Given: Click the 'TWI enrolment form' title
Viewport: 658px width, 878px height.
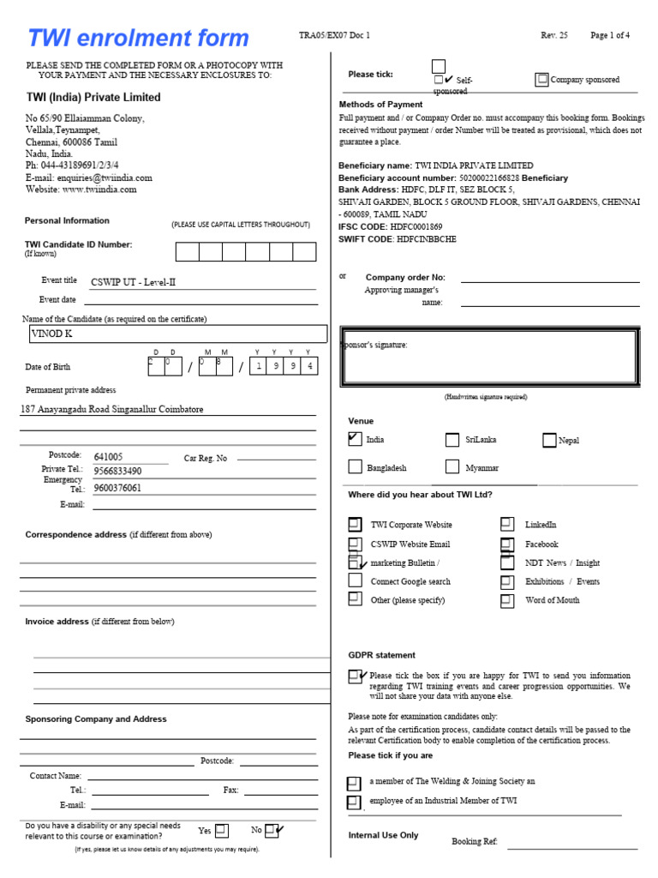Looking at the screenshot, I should pyautogui.click(x=138, y=39).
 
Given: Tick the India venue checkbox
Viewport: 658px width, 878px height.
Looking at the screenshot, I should pyautogui.click(x=355, y=439).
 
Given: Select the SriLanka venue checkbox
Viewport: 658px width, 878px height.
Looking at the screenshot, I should pyautogui.click(x=452, y=440).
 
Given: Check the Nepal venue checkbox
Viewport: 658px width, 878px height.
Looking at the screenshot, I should pyautogui.click(x=549, y=440).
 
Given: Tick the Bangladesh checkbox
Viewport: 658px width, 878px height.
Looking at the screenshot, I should pyautogui.click(x=355, y=467).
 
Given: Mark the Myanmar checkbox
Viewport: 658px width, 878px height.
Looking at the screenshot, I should pyautogui.click(x=452, y=467).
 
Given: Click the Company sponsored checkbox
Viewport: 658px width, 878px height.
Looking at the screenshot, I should pyautogui.click(x=541, y=80).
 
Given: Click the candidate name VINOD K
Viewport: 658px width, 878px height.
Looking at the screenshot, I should pyautogui.click(x=52, y=334).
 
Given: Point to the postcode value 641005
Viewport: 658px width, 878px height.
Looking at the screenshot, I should pyautogui.click(x=108, y=457).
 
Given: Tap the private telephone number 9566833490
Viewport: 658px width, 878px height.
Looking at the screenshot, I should pyautogui.click(x=117, y=472).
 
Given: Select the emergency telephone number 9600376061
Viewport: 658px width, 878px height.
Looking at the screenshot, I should pyautogui.click(x=117, y=488).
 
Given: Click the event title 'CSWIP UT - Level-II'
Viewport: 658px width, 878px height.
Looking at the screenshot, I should pyautogui.click(x=133, y=282).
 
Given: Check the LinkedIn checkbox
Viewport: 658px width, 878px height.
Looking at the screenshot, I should pyautogui.click(x=507, y=524).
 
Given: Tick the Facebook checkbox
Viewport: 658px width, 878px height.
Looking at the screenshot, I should pyautogui.click(x=507, y=544).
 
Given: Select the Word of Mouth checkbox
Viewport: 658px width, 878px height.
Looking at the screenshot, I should pyautogui.click(x=507, y=599).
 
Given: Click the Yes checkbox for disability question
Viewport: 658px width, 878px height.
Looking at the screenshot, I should pyautogui.click(x=221, y=830).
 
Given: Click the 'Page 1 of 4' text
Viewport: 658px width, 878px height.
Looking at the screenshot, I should pyautogui.click(x=610, y=35).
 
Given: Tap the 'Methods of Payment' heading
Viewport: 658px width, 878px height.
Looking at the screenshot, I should pyautogui.click(x=380, y=105).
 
